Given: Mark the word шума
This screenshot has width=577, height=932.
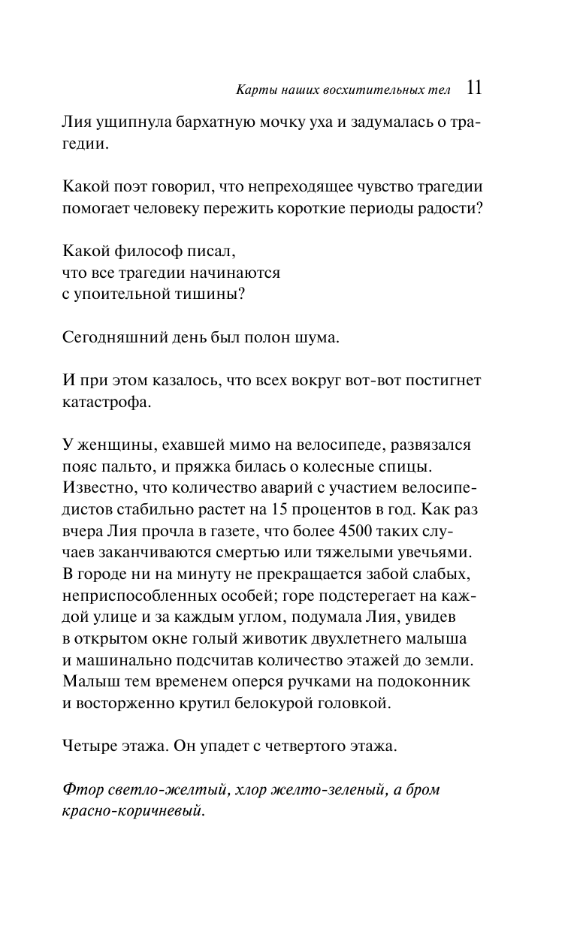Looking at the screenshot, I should (x=321, y=338).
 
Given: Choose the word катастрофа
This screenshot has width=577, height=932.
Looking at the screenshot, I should (x=107, y=402).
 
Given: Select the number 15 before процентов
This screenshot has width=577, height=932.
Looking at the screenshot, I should (x=278, y=511).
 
